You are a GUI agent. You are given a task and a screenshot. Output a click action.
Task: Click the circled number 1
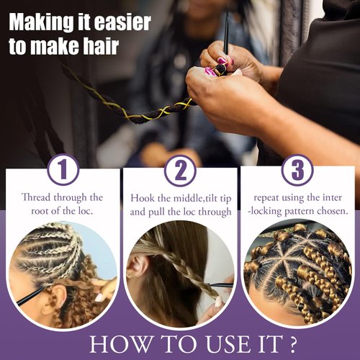coord(63,170)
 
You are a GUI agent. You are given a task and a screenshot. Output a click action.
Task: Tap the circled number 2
coord(180,170)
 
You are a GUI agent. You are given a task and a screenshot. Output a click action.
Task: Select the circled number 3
coord(297,170)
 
